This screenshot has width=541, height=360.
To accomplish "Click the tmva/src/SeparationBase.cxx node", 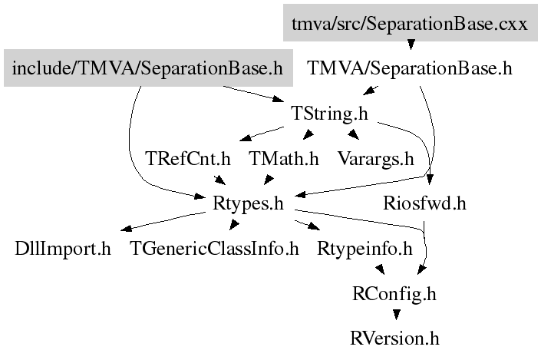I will coord(410,24).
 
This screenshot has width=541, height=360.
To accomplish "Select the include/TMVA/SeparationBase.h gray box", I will coord(147,69).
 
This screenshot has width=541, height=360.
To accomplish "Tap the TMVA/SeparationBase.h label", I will coord(410,69).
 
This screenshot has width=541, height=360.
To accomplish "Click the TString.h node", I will coord(330,114).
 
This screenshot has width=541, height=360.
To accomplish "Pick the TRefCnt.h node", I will coord(188,160).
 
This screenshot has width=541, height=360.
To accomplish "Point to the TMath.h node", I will coord(284,160).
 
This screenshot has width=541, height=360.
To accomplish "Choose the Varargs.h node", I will coord(376,160).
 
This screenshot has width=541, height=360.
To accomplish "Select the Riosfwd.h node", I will coord(424,204).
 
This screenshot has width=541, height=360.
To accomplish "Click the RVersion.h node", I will coord(394,338).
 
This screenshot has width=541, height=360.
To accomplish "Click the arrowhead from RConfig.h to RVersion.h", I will coord(395,315).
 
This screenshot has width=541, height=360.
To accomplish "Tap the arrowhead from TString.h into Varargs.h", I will coord(354,137).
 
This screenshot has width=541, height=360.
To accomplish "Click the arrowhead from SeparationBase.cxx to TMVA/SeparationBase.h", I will coord(411,45).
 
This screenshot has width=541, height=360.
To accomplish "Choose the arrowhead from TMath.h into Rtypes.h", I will coord(269,181).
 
